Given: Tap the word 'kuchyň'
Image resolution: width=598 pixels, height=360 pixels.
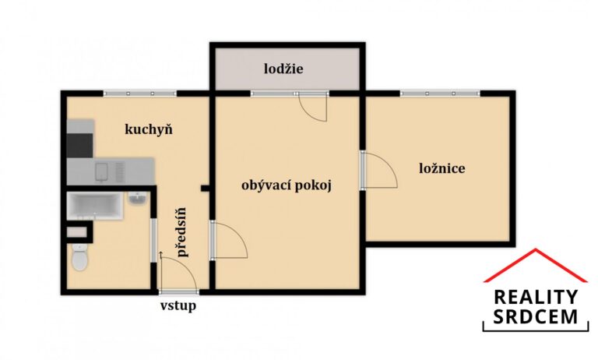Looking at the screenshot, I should tap(149, 129).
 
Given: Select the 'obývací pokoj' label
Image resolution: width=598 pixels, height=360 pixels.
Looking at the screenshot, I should tap(287, 185).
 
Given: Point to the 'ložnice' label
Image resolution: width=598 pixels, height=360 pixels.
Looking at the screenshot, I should tap(441, 168).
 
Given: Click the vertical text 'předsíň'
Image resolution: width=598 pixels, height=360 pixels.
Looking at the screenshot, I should tap(181, 232).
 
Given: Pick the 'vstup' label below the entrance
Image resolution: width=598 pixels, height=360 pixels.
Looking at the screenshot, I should tap(178, 305).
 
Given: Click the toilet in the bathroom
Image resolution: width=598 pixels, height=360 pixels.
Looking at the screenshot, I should tap(79, 258).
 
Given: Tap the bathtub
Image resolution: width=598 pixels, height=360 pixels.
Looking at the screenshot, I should tap(96, 205).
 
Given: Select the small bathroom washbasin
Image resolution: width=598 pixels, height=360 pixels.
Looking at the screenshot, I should tap(137, 200).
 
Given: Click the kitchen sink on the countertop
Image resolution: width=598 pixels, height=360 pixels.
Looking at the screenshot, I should tap(108, 169).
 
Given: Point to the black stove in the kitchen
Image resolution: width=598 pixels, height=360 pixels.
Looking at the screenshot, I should tap(79, 144).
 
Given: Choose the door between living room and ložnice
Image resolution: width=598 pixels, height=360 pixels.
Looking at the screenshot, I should tap(379, 171).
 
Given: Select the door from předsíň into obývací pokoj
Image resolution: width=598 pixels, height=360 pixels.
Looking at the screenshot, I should tap(228, 241).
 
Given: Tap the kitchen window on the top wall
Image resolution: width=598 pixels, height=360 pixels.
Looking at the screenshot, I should tap(139, 93).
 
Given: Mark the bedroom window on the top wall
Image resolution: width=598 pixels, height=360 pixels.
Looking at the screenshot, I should tap(438, 93).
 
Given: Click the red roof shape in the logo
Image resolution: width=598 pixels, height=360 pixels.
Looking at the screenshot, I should tap(535, 266).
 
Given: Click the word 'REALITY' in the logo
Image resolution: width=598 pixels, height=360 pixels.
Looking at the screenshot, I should tap(536, 297).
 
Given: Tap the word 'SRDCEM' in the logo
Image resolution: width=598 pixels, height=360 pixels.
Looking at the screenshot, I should tap(536, 316).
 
